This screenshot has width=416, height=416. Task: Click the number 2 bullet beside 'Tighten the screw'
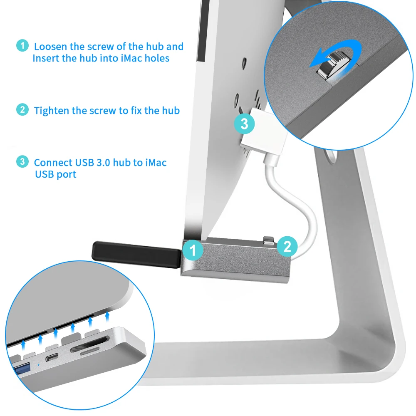[x=22, y=110]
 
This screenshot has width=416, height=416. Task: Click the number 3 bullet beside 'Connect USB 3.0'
[x=22, y=161]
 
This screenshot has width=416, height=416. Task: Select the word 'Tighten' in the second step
[x=52, y=111]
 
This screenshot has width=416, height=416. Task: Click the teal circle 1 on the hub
[x=192, y=250]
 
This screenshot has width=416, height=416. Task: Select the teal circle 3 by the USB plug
[x=244, y=124]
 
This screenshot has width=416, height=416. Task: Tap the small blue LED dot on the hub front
[x=39, y=364]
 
